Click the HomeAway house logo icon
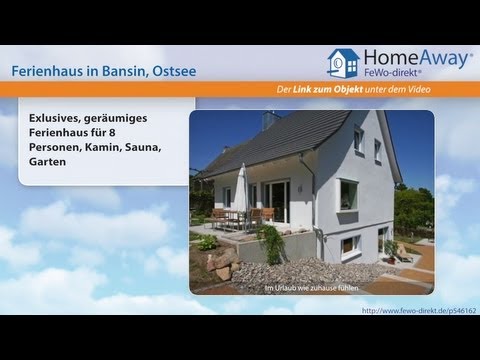click(343, 62)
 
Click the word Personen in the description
click(58, 146)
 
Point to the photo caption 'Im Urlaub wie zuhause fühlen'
click(312, 288)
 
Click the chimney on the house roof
click(269, 121)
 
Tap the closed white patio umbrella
click(241, 188)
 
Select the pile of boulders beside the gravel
click(223, 262)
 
